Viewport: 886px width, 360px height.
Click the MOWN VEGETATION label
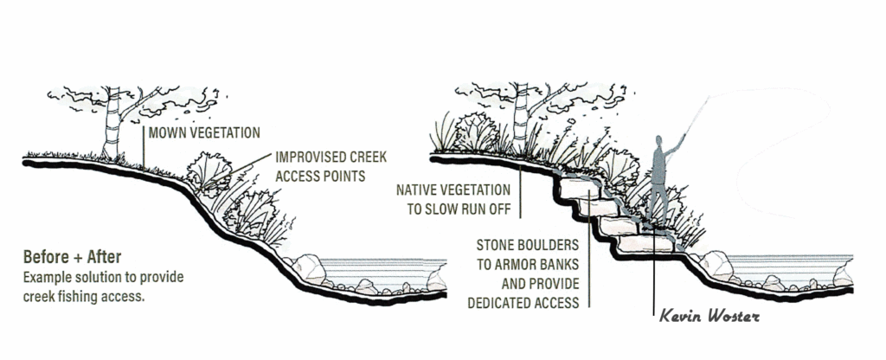204,132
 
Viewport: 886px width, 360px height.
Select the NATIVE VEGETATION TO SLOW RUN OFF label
453,199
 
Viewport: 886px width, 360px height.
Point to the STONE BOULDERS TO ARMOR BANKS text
528,255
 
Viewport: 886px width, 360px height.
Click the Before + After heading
72,257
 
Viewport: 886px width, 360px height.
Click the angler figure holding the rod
661,181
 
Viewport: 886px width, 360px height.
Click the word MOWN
165,132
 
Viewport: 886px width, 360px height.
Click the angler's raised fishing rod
697,117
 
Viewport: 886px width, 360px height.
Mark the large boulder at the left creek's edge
309,268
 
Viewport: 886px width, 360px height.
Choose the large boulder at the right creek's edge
716,265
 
